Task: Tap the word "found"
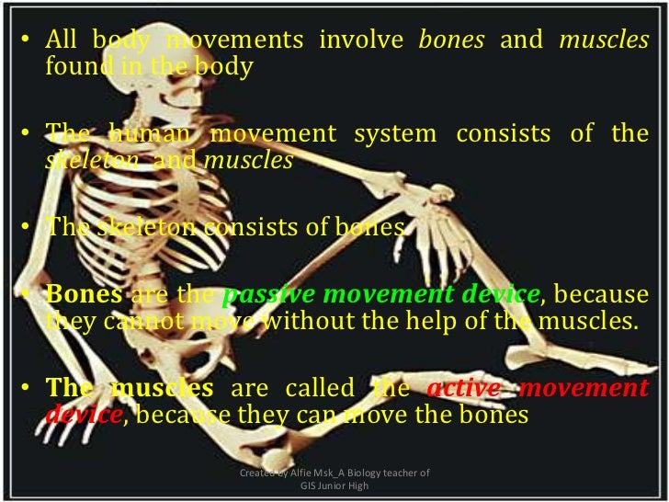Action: (73, 67)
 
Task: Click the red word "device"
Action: (82, 414)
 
